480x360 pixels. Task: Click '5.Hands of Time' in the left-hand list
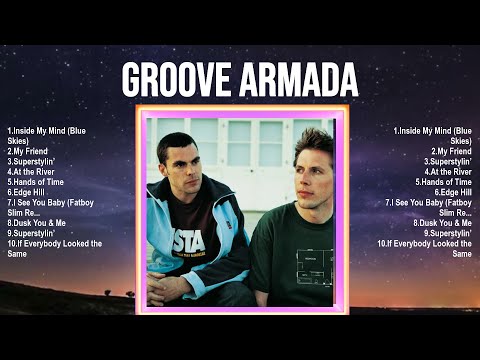click(x=39, y=182)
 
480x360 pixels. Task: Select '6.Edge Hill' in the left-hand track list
click(x=29, y=192)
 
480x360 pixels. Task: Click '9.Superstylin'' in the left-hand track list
click(x=35, y=233)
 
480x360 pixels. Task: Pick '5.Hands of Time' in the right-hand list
click(x=439, y=182)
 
